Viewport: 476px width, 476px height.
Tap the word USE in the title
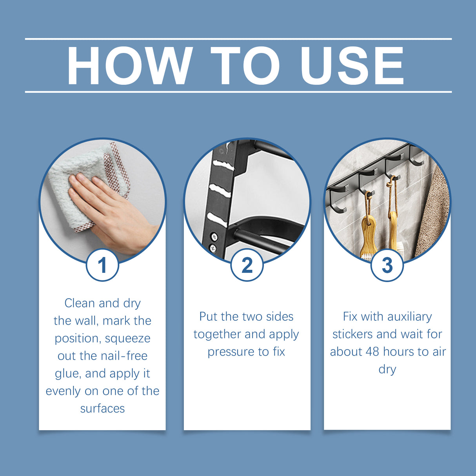pyautogui.click(x=352, y=66)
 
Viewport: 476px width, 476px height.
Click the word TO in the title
pyautogui.click(x=245, y=66)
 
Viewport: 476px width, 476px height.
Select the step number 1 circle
pyautogui.click(x=102, y=265)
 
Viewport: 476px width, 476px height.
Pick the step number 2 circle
pyautogui.click(x=247, y=265)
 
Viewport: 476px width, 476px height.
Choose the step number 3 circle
pyautogui.click(x=387, y=265)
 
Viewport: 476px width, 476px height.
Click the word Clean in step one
pyautogui.click(x=80, y=303)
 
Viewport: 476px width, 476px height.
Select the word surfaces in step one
pyautogui.click(x=102, y=409)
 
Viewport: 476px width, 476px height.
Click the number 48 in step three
pyautogui.click(x=372, y=352)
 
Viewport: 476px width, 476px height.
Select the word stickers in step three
pyautogui.click(x=352, y=334)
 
